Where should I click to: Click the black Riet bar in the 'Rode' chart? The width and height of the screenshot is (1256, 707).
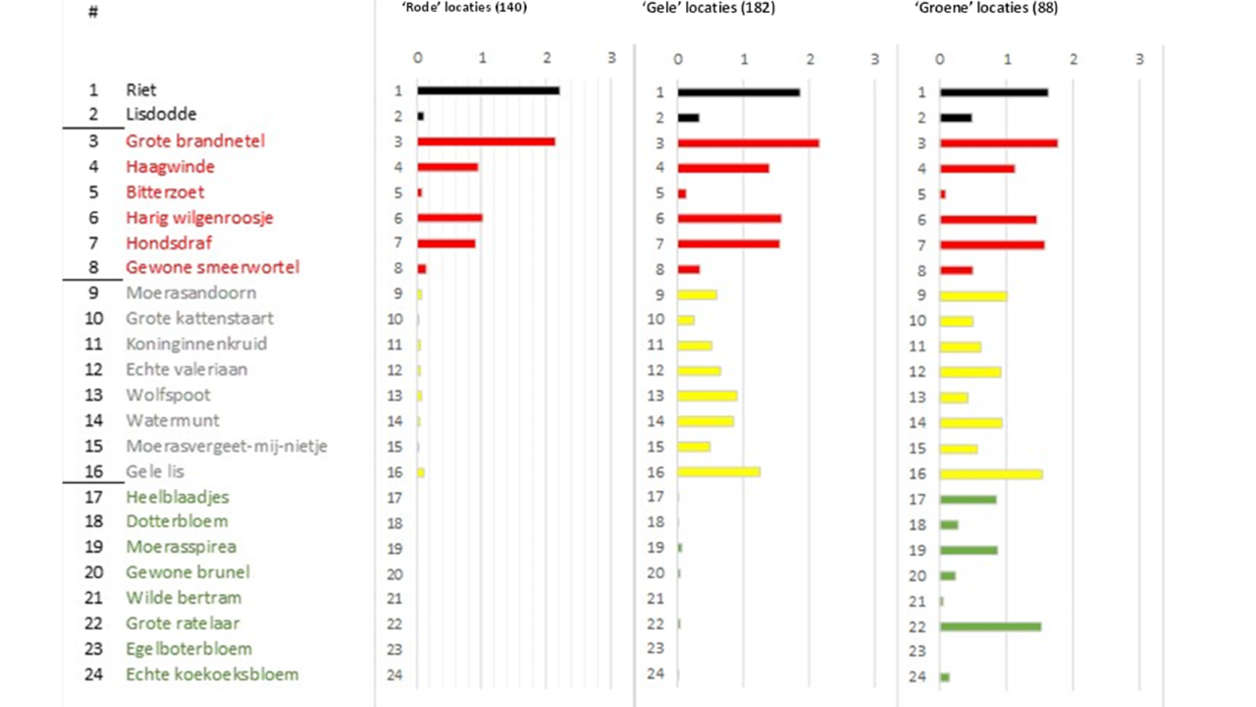(x=488, y=90)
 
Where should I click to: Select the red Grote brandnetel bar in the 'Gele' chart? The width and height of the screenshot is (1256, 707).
(x=748, y=142)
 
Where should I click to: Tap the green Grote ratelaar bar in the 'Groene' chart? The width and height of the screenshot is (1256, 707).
(x=990, y=625)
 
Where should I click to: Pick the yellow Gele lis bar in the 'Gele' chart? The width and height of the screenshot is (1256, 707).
(x=718, y=472)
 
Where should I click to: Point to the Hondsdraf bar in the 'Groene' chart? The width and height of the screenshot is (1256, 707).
(x=992, y=245)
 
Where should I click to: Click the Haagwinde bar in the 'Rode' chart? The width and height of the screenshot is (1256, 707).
(x=447, y=167)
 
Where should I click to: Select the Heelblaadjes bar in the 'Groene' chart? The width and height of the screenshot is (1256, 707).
(x=968, y=499)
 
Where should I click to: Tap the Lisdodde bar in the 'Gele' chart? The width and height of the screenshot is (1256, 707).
(x=688, y=117)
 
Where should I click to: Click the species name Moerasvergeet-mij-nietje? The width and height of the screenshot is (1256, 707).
(x=227, y=446)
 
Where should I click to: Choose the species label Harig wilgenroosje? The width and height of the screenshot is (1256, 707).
(x=199, y=217)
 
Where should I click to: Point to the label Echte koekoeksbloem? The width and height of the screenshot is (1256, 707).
(x=212, y=675)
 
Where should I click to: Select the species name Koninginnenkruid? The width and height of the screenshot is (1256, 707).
(x=196, y=344)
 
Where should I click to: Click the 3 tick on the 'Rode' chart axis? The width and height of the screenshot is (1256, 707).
(x=610, y=58)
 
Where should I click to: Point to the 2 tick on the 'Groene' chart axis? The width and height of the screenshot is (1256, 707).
(x=1073, y=58)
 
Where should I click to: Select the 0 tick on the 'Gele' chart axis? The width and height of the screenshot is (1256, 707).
(x=678, y=58)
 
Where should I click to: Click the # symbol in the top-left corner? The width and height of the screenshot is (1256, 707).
(x=93, y=14)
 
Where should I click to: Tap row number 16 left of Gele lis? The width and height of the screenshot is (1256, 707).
(x=94, y=471)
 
